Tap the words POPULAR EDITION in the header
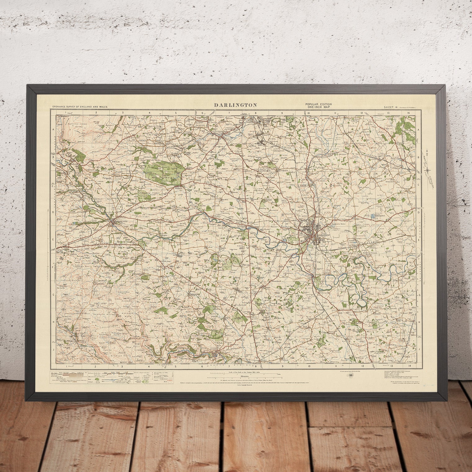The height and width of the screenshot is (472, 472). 314,104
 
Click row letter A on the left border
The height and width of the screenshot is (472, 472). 53,130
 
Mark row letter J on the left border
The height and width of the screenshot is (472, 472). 53,349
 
